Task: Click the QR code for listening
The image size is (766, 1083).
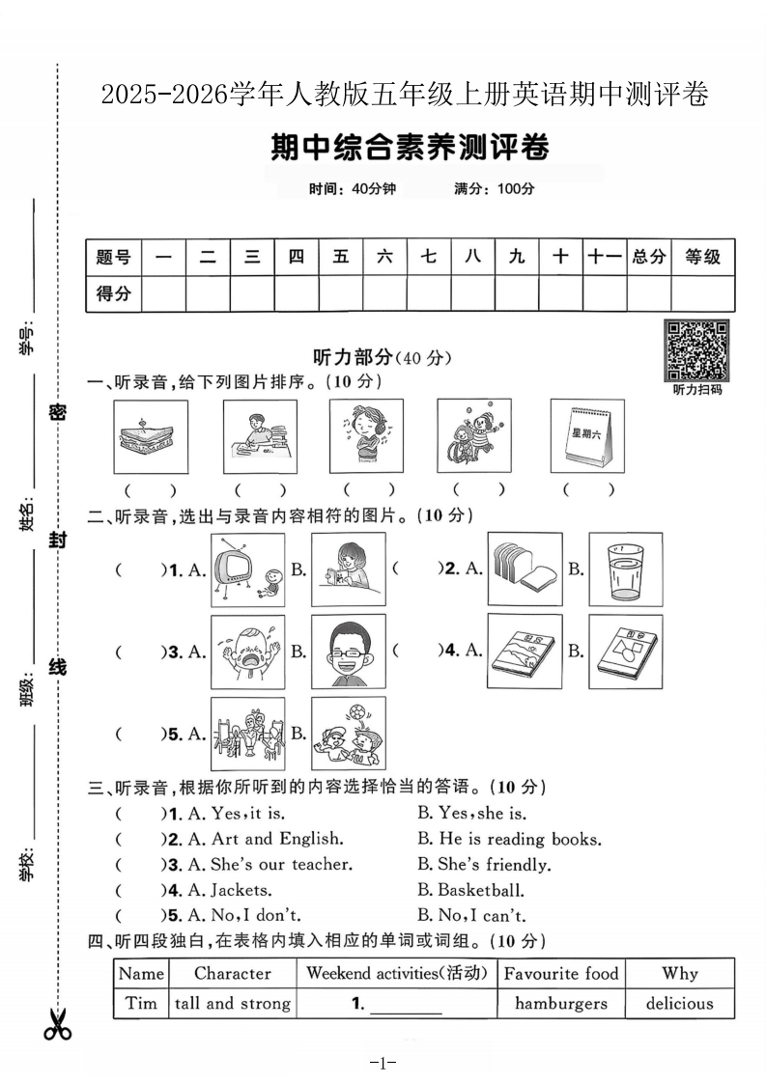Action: pos(696,350)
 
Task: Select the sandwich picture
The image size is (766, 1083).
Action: pos(150,436)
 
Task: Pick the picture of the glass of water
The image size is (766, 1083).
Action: pos(625,569)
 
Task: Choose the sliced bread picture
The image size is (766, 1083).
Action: pos(525,569)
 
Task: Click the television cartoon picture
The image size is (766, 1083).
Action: pos(247,569)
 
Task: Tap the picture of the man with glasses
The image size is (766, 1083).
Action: pos(348,652)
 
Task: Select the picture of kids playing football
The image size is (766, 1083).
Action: pos(348,734)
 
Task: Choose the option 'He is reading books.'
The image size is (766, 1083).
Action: pos(509,839)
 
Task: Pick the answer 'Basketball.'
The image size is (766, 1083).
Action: pos(470,890)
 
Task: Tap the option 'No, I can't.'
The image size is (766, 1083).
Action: pos(471,915)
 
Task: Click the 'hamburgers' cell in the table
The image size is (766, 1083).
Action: pos(560,1003)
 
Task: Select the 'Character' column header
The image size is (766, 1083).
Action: pos(232,973)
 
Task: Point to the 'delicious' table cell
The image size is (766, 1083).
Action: pos(679,1003)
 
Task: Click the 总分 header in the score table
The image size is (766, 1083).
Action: pos(648,257)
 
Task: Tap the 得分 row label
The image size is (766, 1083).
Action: pos(113,293)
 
